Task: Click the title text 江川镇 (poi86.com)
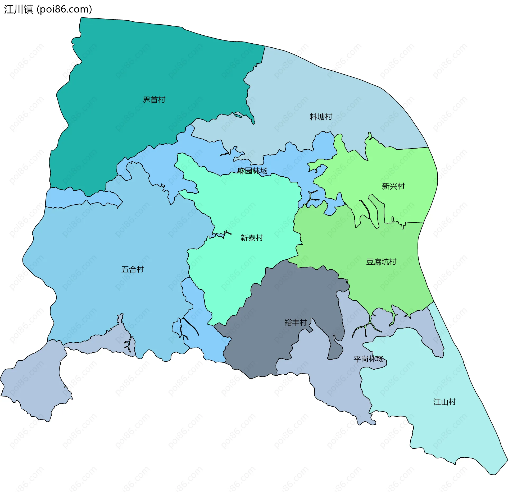coord(48,9)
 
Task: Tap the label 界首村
coord(154,100)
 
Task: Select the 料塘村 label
coord(321,117)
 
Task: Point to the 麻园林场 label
coord(252,171)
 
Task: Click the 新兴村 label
coord(393,186)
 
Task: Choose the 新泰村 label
coord(252,238)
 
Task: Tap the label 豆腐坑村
coord(381,262)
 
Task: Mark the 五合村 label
coord(133,269)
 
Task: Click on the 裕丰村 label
coord(296,322)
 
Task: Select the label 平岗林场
coord(368,359)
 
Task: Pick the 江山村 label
coord(444,402)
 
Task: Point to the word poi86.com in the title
coord(64,9)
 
